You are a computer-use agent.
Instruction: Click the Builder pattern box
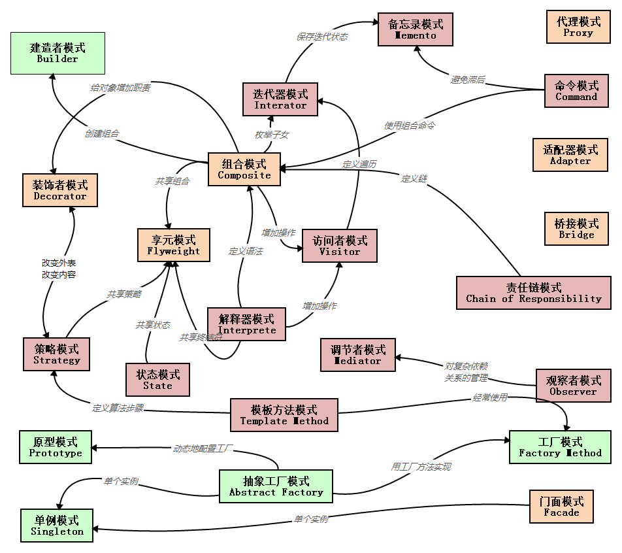click(x=57, y=53)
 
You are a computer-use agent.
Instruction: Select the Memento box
click(x=416, y=29)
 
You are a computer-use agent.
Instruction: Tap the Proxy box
click(x=578, y=27)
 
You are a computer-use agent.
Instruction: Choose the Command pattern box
click(x=576, y=91)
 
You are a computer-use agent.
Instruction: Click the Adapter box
click(x=570, y=155)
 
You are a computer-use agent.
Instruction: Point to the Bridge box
click(x=576, y=229)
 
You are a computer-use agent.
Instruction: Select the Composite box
click(x=244, y=169)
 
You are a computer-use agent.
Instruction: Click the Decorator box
click(x=59, y=190)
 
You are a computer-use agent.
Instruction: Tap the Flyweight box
click(x=174, y=245)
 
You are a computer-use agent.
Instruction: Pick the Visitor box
click(x=340, y=246)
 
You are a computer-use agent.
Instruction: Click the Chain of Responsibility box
click(x=533, y=293)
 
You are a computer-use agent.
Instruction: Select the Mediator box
click(x=357, y=355)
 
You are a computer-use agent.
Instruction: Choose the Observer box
click(x=573, y=386)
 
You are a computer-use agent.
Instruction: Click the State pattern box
click(x=157, y=380)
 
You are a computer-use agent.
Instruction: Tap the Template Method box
click(x=284, y=415)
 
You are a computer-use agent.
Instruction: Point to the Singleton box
click(x=57, y=526)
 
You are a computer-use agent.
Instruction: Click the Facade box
click(x=561, y=507)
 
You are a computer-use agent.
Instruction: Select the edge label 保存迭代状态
click(x=322, y=37)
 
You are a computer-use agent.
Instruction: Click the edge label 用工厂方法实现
click(x=421, y=467)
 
